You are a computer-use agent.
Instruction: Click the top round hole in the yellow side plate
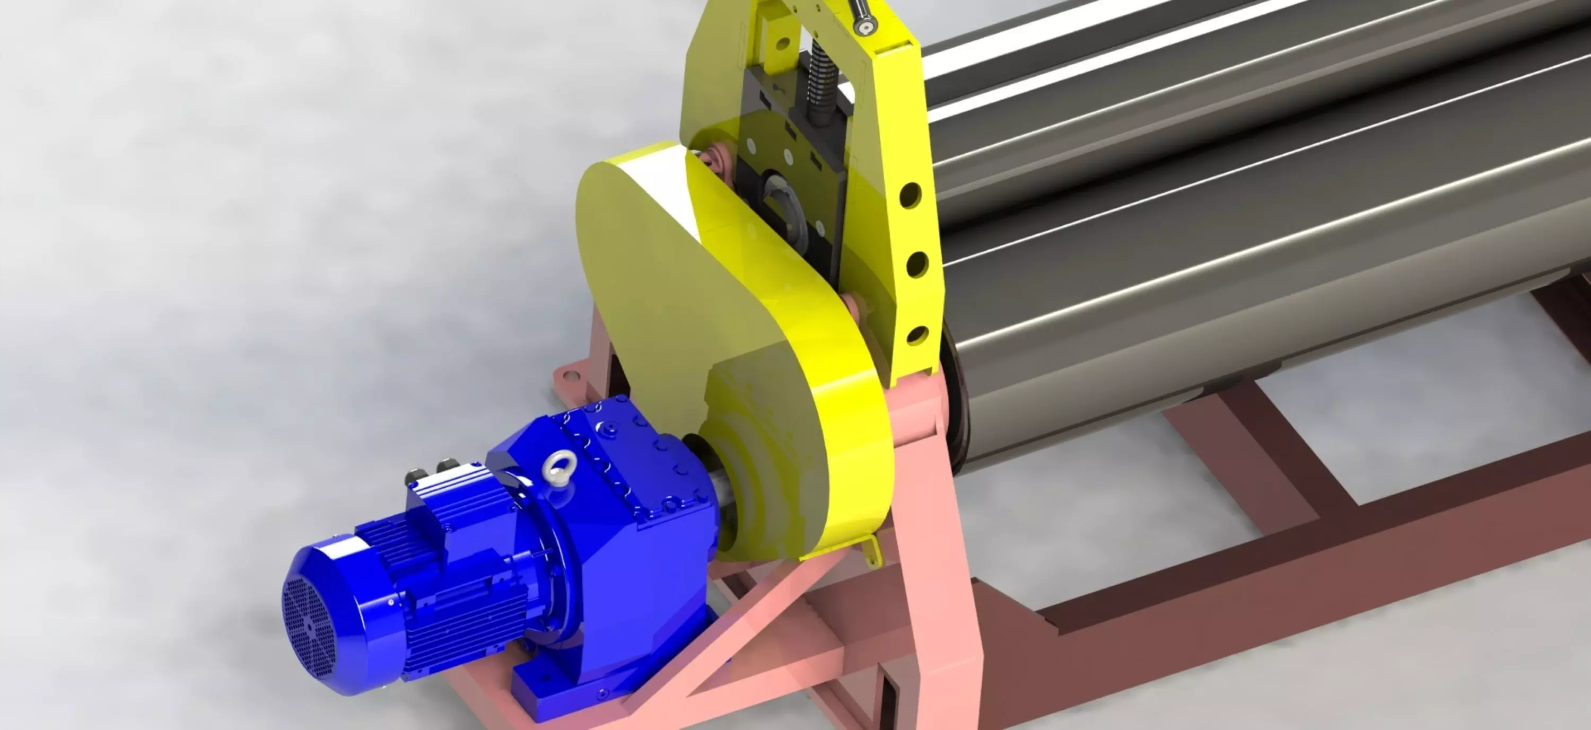[911, 195]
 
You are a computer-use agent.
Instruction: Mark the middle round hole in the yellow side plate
[917, 265]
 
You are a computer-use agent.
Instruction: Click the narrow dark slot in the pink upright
[888, 698]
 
